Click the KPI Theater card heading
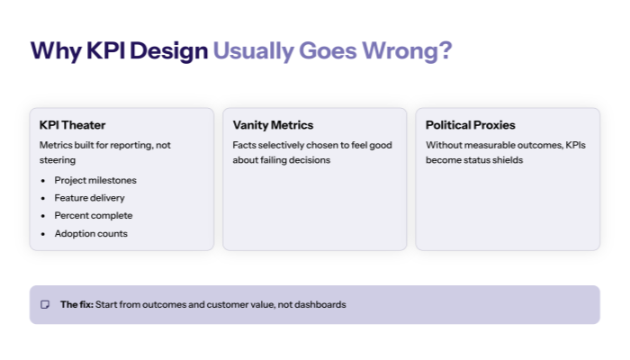(73, 125)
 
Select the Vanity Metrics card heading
(273, 125)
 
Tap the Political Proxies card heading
(471, 125)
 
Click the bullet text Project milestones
(95, 180)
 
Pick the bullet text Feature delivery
(89, 198)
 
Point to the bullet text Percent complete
(93, 216)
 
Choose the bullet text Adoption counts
(91, 234)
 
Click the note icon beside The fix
(45, 305)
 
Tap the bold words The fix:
(76, 305)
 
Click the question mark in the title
(444, 51)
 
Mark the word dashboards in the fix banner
(319, 305)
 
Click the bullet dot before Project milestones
(44, 181)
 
